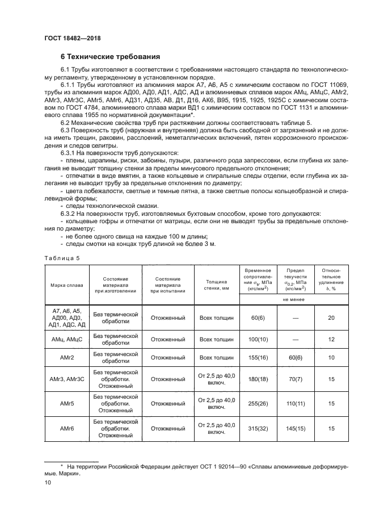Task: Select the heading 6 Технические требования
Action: [x=110, y=57]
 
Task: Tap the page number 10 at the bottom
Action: [x=48, y=482]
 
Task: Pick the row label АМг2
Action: [x=66, y=357]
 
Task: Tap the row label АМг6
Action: [x=66, y=429]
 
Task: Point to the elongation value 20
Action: [x=331, y=317]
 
